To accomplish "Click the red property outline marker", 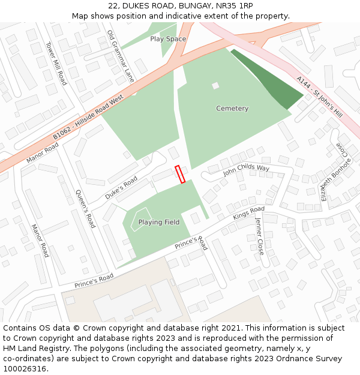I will tap(179, 175).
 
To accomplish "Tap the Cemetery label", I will tap(232, 109).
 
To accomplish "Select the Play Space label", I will tap(168, 39).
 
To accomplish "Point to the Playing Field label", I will tap(159, 222).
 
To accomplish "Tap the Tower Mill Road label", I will tap(56, 63).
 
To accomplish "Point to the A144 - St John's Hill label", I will tap(319, 97).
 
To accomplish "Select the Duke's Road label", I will tap(121, 188).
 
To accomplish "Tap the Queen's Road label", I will tap(85, 209).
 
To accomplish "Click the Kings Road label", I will tap(248, 213).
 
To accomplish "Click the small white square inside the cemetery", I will tap(215, 86).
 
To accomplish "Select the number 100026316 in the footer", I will tap(25, 368).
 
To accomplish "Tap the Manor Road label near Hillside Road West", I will tap(43, 153).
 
